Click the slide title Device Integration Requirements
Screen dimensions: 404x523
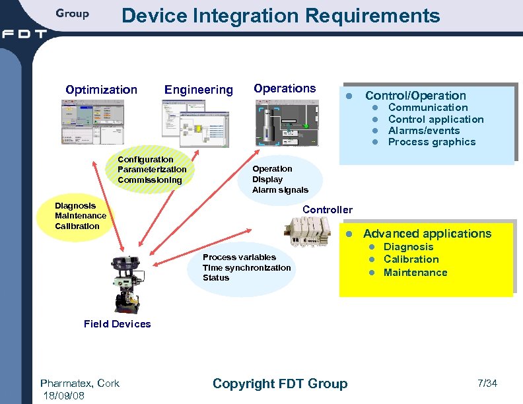281,16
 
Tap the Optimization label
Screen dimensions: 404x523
101,90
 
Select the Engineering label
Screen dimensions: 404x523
199,90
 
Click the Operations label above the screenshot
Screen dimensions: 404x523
285,88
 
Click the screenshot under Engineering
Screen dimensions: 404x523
196,123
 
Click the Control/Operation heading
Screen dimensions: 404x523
415,96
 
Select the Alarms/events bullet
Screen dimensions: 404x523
424,131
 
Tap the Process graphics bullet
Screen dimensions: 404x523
432,142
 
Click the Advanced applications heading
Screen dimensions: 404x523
427,234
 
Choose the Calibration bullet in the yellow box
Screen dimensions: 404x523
411,259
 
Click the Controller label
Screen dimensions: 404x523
328,210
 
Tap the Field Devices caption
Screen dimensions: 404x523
118,324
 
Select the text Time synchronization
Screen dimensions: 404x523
246,267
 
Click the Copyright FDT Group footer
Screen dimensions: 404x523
280,384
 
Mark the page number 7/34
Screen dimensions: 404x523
487,384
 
